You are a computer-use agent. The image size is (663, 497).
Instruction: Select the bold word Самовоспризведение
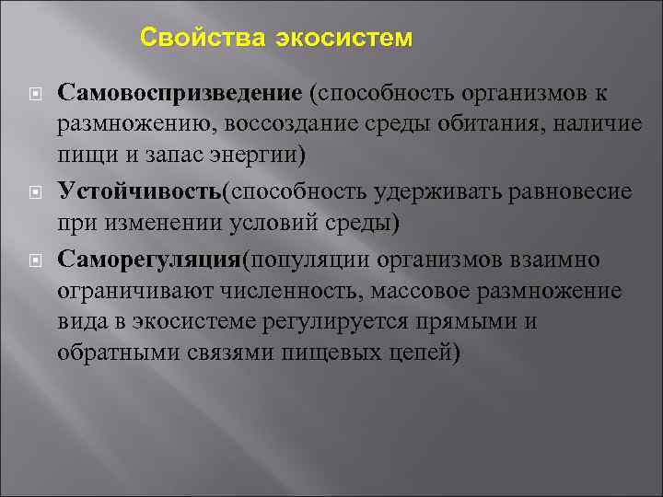[x=180, y=93]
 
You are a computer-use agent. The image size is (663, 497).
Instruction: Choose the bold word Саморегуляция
[x=148, y=260]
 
